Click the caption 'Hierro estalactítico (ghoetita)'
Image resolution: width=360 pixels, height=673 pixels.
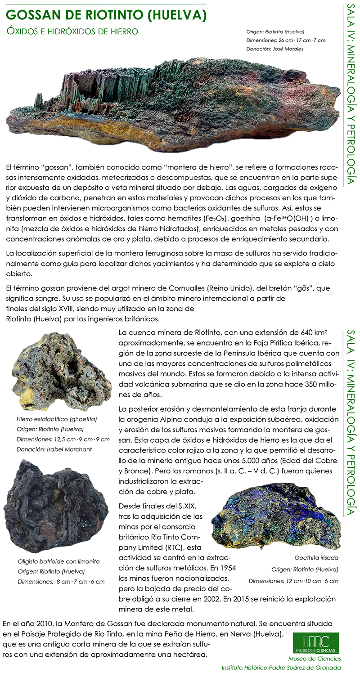56,419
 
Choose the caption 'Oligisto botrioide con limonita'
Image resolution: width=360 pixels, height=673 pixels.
58,561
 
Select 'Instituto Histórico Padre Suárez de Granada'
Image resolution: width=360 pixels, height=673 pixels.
281,668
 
